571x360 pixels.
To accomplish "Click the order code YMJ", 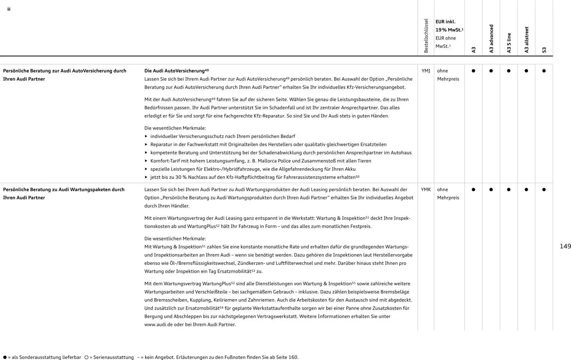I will [425, 71].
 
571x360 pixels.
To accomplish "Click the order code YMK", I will [425, 190].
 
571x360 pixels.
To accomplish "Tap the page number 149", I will [565, 246].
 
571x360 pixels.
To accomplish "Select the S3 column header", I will [544, 50].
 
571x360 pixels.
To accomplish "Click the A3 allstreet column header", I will [526, 40].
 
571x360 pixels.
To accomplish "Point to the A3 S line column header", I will [509, 43].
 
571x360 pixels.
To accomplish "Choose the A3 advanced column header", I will [491, 39].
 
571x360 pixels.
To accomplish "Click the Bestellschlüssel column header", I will [426, 36].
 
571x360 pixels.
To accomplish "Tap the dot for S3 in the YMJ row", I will [544, 71].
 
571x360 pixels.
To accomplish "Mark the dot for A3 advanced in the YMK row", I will [491, 190].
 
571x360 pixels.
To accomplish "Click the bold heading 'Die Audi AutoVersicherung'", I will [174, 71].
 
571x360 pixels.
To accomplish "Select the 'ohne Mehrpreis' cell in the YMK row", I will [448, 194].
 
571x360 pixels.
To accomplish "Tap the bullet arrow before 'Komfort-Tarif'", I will [146, 161].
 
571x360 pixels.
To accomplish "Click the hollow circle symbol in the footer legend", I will [87, 357].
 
